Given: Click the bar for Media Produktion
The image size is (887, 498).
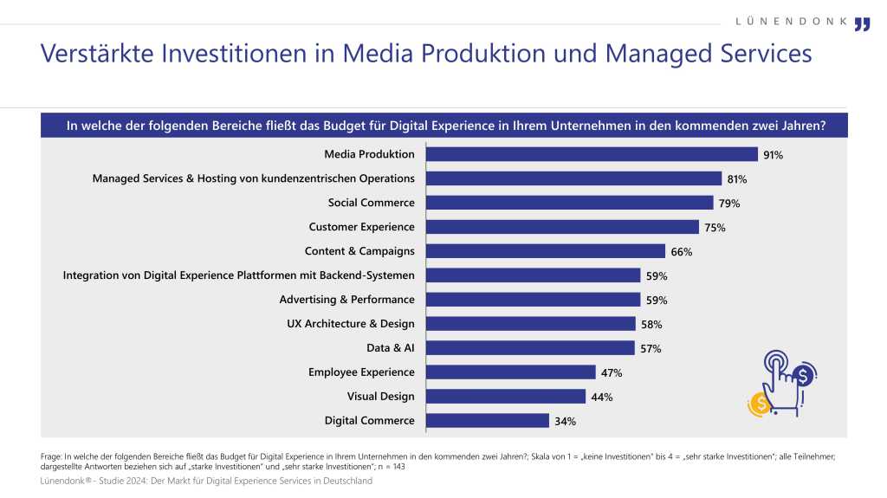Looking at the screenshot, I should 592,154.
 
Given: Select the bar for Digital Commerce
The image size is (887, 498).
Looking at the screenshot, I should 489,421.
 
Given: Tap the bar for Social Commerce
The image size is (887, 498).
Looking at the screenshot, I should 570,203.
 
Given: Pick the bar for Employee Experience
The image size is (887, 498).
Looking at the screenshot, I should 512,372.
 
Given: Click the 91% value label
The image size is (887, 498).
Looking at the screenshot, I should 774,155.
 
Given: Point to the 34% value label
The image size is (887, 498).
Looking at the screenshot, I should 566,422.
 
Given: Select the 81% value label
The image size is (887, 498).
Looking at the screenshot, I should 737,179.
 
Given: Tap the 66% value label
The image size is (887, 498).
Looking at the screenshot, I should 680,252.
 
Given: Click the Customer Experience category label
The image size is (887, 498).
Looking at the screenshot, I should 361,227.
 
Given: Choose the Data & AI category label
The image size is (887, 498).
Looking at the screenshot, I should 391,348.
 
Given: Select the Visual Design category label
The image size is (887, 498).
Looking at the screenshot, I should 380,397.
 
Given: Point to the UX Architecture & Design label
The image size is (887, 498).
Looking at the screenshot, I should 350,324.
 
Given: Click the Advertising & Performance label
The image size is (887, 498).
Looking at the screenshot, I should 346,300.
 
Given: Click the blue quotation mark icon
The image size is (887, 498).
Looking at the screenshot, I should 861,23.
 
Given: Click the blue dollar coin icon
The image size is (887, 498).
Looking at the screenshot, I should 805,375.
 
